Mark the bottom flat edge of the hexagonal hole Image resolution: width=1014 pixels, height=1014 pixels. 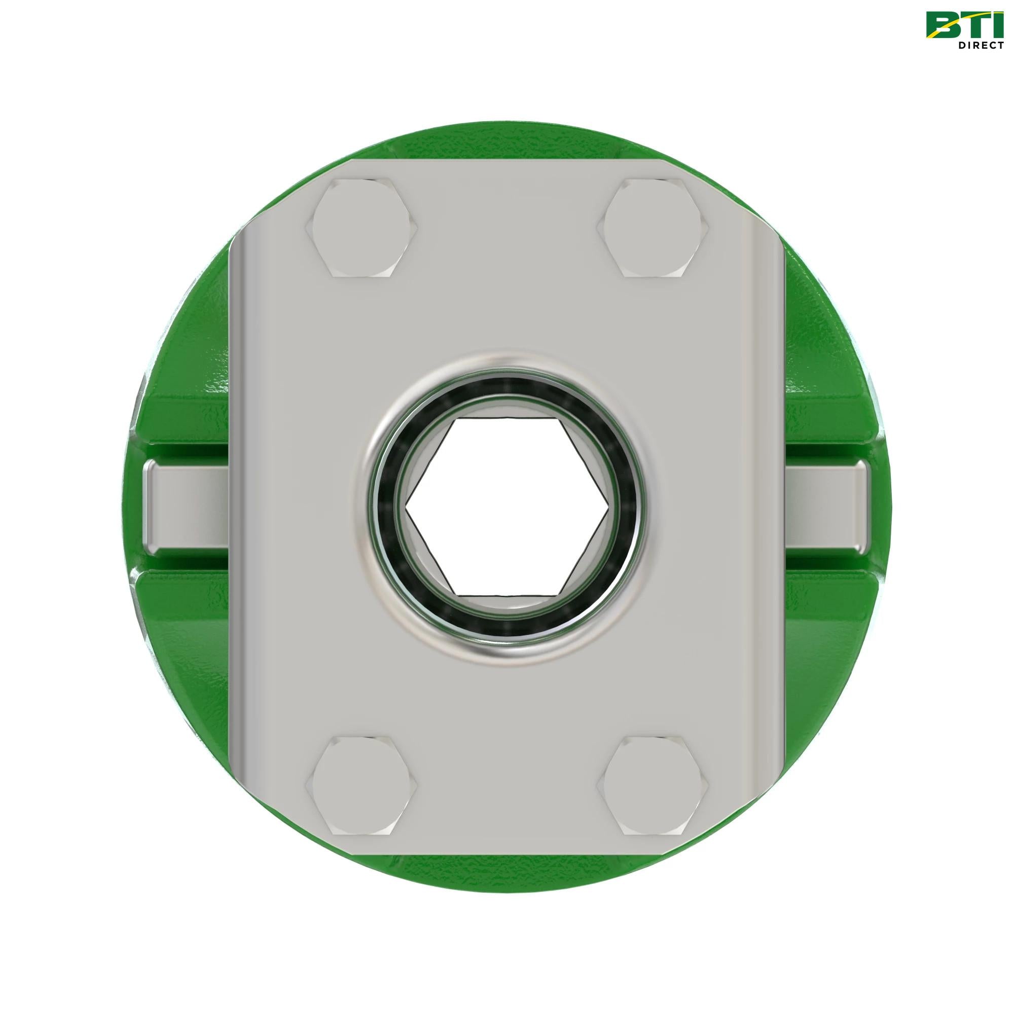click(x=507, y=595)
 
